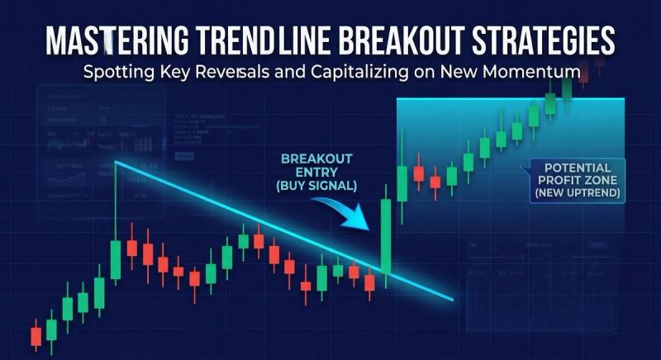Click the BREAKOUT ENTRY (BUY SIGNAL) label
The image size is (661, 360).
[317, 173]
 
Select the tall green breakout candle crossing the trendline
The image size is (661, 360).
[385, 235]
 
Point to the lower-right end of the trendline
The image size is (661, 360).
[452, 299]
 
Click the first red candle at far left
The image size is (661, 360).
[36, 335]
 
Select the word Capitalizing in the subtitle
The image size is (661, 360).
[354, 72]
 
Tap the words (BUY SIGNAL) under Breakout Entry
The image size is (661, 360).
[317, 187]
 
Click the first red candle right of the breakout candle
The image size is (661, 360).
[418, 173]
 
